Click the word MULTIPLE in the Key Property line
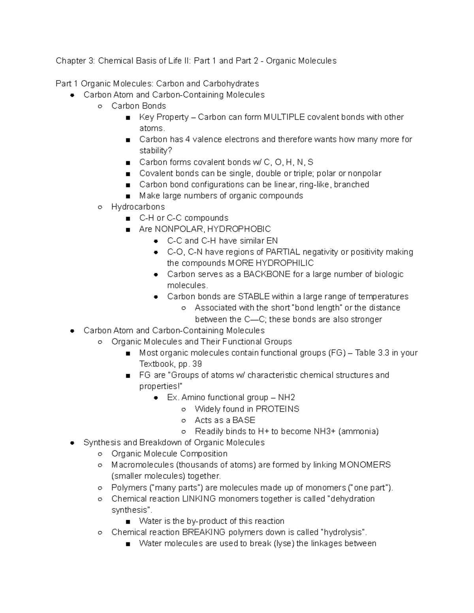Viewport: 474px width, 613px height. point(284,117)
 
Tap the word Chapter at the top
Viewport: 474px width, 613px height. point(71,61)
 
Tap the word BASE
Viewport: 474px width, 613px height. point(244,420)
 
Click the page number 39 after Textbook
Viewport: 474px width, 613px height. point(197,364)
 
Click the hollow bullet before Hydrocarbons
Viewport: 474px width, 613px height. point(100,207)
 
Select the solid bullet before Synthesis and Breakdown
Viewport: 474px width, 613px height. point(72,443)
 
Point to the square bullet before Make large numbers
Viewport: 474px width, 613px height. point(128,196)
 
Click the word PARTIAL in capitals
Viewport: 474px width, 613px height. point(283,252)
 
